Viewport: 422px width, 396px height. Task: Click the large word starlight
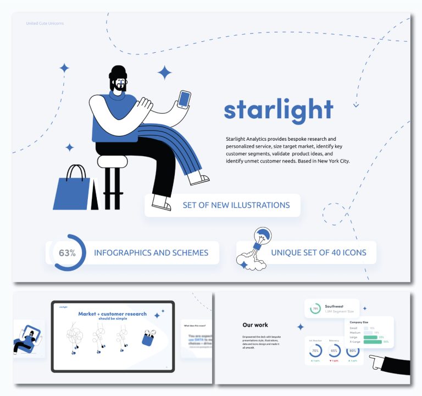pos(279,109)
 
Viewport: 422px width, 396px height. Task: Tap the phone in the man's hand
pos(184,100)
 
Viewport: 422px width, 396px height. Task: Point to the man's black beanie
pos(118,74)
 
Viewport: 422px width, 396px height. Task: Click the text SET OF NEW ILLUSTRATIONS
pos(236,205)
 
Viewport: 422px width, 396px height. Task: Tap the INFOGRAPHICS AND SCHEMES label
pos(151,253)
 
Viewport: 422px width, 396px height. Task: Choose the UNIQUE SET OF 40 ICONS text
pos(318,253)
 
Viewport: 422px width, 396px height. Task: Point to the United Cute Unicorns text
pos(45,23)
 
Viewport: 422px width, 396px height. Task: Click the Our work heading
pos(256,325)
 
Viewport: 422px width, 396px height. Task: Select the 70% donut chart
pos(315,351)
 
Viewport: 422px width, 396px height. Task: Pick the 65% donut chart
pos(334,351)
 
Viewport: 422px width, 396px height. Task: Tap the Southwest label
pos(334,306)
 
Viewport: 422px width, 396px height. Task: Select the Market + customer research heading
pos(112,314)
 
